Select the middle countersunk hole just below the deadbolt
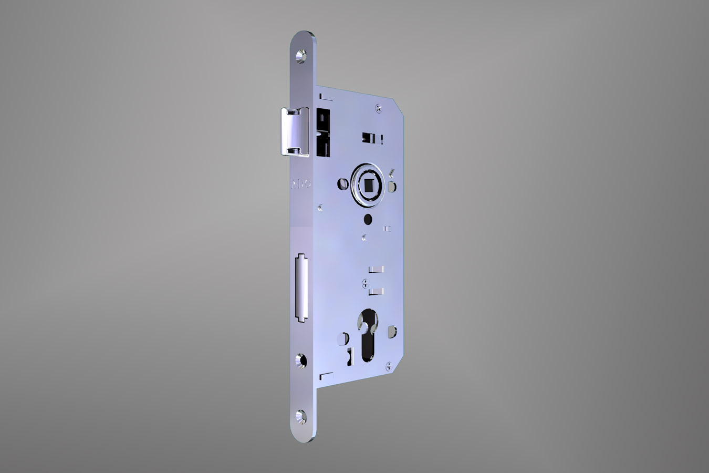coord(301,361)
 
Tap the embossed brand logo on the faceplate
coord(301,184)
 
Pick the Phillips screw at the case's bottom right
coord(388,365)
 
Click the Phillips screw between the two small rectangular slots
coord(366,284)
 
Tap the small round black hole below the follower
coord(367,218)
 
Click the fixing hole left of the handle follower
coord(341,183)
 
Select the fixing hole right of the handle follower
coord(392,187)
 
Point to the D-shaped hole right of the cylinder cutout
coord(391,332)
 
